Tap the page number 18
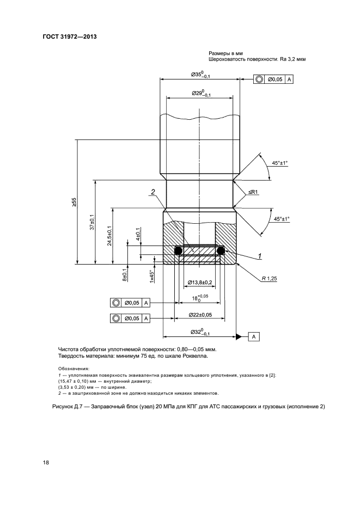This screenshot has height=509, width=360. coord(46,463)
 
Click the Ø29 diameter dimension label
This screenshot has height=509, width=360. coord(201,94)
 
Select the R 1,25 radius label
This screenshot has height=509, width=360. coord(270,278)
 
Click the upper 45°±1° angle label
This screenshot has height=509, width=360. coord(280,162)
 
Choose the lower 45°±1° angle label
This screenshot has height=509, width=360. coord(282,219)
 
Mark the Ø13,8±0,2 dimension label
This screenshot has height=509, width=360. coord(200,283)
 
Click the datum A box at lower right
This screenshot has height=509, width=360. coord(254,337)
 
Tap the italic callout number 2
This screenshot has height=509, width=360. coord(154,191)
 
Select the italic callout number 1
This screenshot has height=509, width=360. coord(260,255)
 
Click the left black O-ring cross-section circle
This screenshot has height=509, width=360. coord(178,250)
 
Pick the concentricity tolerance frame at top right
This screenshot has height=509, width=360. coord(273,79)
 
